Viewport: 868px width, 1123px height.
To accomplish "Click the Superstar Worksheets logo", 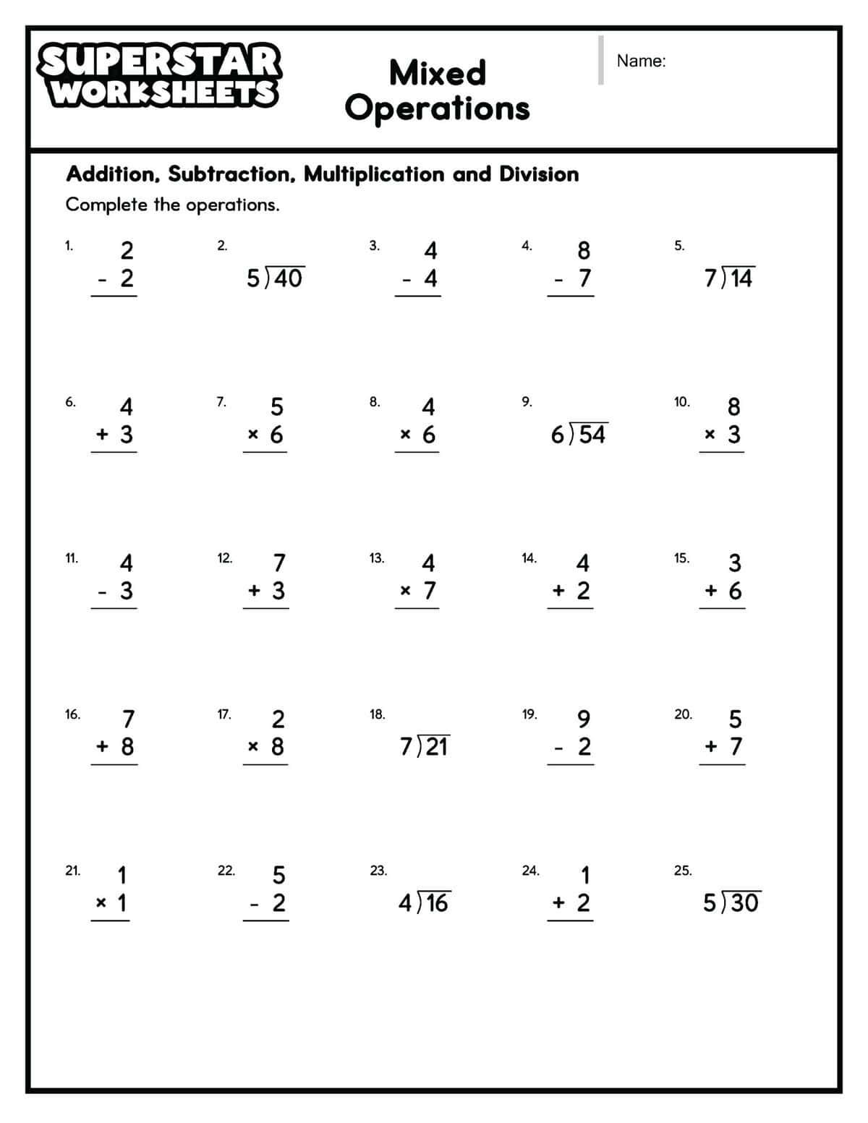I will (160, 77).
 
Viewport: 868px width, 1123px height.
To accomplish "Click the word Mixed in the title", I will (437, 73).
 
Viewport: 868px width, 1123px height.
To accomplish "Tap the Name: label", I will (641, 61).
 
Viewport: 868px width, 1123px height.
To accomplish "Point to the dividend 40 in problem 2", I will (288, 278).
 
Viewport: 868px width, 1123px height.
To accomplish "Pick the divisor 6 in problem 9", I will (558, 435).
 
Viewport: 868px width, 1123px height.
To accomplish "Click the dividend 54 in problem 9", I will (592, 435).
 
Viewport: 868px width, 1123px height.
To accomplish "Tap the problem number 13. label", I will (377, 558).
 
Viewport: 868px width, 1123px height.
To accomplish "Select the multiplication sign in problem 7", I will (253, 435).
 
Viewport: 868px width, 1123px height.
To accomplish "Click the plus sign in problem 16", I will (103, 746).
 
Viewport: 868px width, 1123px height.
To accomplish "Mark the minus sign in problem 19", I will (558, 748).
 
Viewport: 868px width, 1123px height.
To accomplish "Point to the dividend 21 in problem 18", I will (435, 746).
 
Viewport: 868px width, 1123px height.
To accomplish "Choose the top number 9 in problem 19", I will (584, 719).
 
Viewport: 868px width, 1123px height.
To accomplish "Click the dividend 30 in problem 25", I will (744, 903).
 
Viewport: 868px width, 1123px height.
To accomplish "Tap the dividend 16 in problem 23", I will (435, 903).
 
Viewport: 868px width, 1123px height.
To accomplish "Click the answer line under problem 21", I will (110, 921).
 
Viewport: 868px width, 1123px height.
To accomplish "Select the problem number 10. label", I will (681, 402).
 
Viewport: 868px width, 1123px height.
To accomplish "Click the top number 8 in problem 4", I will (584, 250).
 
